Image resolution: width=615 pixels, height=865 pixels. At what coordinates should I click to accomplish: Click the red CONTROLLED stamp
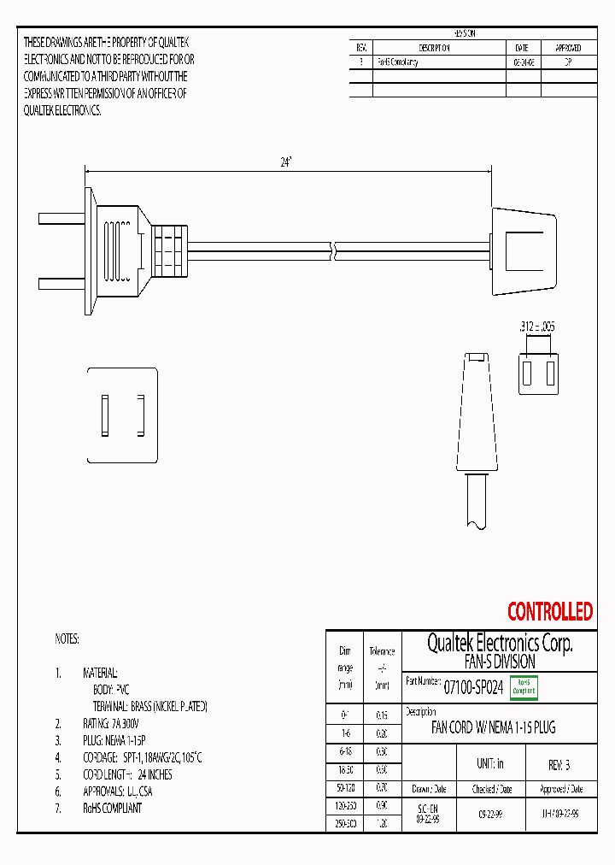point(549,612)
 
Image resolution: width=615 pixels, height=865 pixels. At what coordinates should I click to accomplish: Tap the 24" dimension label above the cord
point(286,162)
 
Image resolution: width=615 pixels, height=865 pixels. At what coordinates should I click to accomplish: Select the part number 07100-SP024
point(473,686)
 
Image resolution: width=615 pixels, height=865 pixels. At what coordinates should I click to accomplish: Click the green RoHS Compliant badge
point(524,686)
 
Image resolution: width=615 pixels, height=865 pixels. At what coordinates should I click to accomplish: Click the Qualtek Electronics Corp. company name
point(500,643)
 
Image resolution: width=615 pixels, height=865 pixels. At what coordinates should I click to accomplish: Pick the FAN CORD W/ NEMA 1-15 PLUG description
point(493,728)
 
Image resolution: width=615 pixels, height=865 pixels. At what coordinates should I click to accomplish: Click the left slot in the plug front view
point(105,415)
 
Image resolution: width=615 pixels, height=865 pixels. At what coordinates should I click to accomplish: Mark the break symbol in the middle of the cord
point(333,250)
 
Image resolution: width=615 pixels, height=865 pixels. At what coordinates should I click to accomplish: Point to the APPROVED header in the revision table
point(568,49)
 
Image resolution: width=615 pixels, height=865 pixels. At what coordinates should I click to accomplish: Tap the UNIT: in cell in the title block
point(489,764)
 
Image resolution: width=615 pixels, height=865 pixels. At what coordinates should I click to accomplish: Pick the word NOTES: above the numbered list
point(67,638)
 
